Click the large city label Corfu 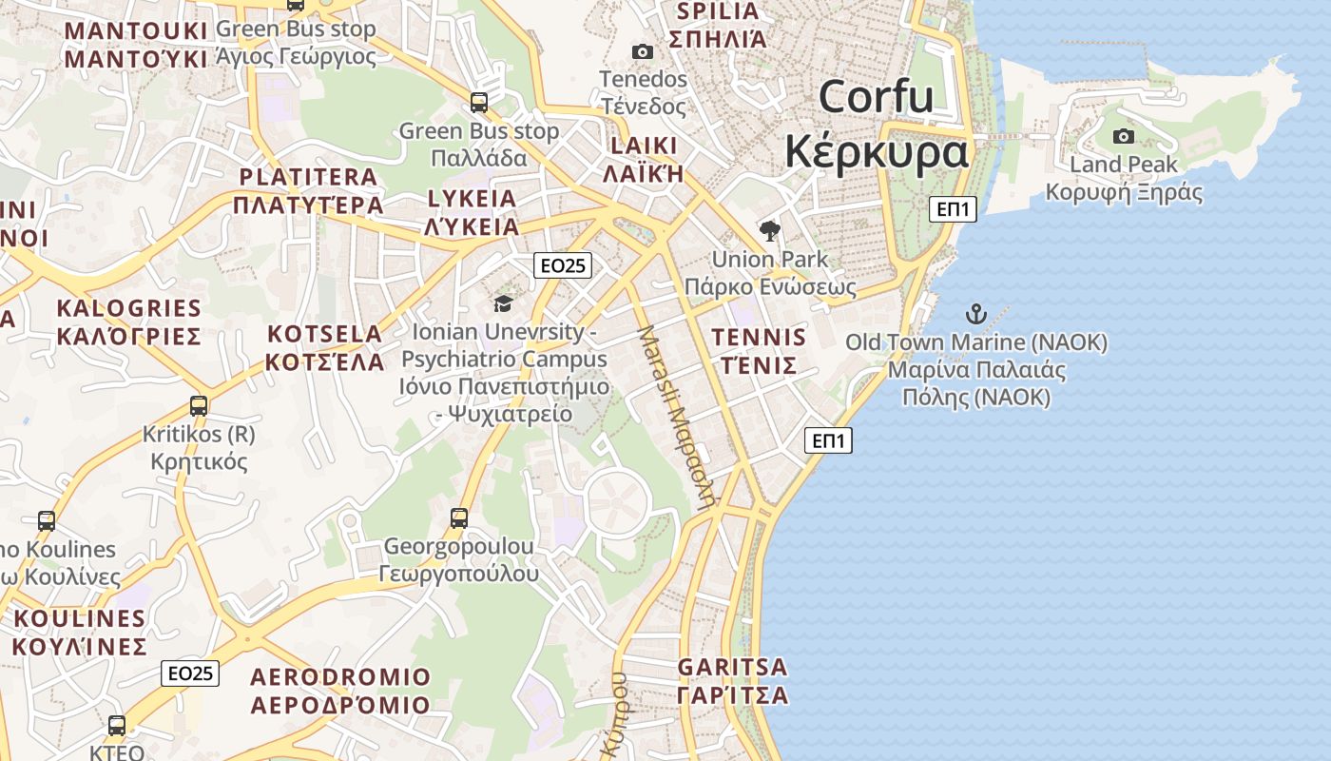[x=876, y=97]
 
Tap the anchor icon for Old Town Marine [x=975, y=313]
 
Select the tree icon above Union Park [x=769, y=230]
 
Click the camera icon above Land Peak [x=1123, y=136]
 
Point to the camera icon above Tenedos [x=643, y=51]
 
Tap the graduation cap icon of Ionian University [x=502, y=303]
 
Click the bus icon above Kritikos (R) [x=198, y=406]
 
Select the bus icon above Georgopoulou [x=459, y=518]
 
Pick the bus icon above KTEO [x=116, y=726]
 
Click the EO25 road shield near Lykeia [x=562, y=265]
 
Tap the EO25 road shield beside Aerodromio [x=190, y=673]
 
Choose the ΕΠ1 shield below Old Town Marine [x=828, y=440]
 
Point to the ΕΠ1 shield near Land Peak [x=952, y=209]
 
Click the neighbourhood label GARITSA [x=732, y=666]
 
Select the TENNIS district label [x=759, y=338]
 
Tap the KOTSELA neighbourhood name [x=324, y=334]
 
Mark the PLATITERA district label [x=308, y=177]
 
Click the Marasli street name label [x=676, y=419]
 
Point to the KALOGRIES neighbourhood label [x=128, y=308]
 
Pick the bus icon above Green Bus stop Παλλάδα [x=479, y=102]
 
